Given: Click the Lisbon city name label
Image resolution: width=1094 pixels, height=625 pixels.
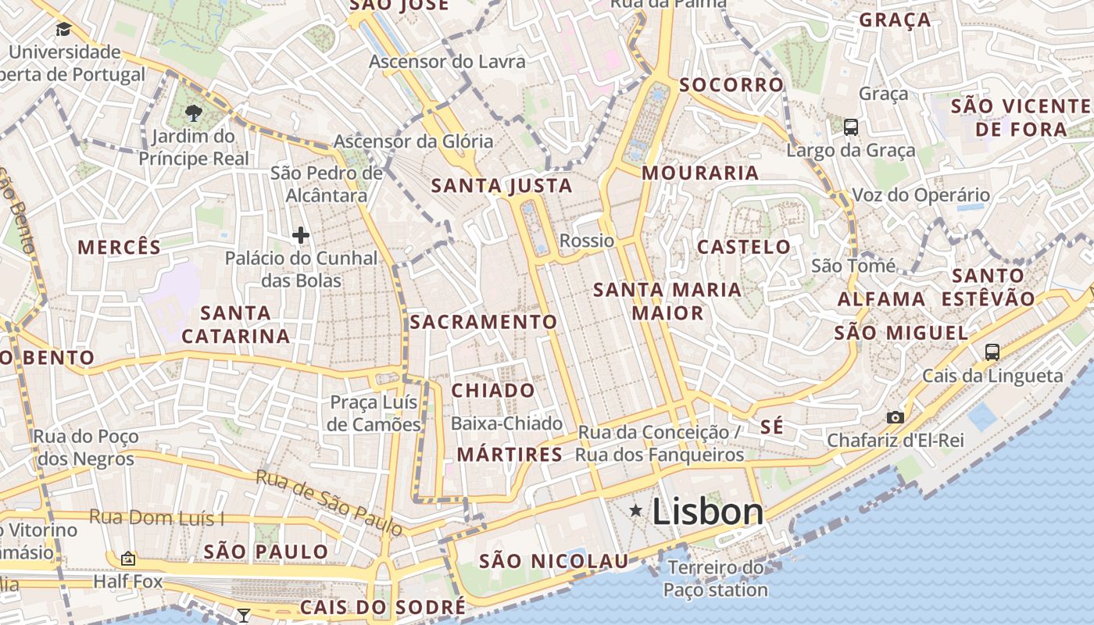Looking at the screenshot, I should tap(707, 512).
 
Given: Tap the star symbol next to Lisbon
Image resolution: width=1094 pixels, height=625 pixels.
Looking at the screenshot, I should tap(636, 511).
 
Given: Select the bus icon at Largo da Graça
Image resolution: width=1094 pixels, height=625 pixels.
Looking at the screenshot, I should tap(851, 127).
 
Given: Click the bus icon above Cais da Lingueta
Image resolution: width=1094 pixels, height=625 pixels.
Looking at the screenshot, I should tap(992, 352).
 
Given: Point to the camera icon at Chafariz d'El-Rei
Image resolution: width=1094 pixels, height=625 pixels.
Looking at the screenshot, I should tap(896, 418).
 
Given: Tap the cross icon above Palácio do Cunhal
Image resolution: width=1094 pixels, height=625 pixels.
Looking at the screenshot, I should tap(300, 234).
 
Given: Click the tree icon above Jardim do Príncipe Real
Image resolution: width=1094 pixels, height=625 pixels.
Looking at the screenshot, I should tap(193, 113).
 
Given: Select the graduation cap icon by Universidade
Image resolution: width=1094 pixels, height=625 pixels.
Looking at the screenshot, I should tap(63, 30).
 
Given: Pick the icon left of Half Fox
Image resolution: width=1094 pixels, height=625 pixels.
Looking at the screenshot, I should tap(128, 559).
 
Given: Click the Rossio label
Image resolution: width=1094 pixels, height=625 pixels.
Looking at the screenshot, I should tap(587, 241).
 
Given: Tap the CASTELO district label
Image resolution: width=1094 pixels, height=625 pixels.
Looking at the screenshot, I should tap(744, 248).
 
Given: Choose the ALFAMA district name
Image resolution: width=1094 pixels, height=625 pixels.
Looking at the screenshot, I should tap(881, 299).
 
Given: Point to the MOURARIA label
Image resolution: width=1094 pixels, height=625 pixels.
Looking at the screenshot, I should tap(700, 173).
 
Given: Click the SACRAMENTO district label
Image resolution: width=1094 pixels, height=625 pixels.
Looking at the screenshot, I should tap(484, 322).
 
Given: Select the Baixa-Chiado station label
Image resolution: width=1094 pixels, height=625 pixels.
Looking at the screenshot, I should tap(507, 423).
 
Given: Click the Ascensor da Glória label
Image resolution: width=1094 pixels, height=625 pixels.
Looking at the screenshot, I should tap(413, 141).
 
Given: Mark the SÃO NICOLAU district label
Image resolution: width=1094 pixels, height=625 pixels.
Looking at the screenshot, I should tap(553, 561).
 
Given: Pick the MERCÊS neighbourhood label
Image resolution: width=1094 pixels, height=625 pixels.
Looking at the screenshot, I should tap(120, 248).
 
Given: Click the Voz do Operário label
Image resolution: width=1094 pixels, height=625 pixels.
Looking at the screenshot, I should tap(921, 195).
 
